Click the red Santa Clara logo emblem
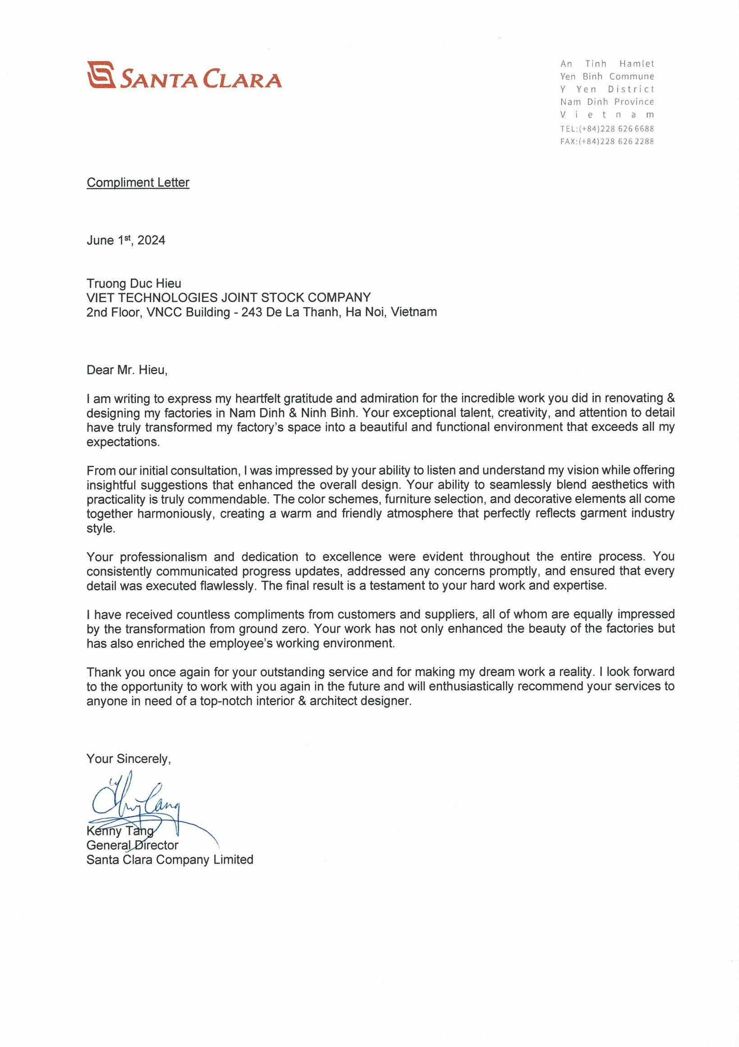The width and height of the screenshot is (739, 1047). tap(101, 74)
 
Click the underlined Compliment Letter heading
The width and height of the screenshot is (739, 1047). tap(138, 183)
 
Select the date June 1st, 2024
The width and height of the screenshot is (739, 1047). tap(126, 240)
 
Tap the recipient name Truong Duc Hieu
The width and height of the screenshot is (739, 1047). tap(134, 284)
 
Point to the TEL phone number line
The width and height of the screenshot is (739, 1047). tap(607, 129)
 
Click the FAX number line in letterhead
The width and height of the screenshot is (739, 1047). tap(607, 142)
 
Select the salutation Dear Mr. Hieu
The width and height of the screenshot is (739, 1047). tap(127, 370)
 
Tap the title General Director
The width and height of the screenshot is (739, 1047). tap(132, 845)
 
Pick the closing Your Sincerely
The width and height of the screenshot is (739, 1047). tap(129, 759)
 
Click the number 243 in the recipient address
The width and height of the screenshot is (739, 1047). tap(251, 312)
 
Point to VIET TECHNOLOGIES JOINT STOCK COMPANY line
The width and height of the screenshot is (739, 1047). tap(229, 298)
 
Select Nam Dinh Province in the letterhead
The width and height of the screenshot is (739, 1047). tap(607, 102)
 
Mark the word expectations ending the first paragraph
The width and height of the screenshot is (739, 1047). tap(123, 442)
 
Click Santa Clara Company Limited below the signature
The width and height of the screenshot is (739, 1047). tap(170, 859)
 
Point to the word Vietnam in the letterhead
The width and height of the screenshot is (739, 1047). tap(607, 115)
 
